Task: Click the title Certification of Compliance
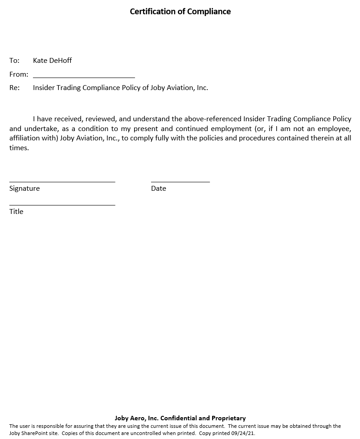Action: tap(180, 12)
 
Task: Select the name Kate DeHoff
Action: tap(52, 61)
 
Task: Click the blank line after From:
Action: tap(84, 77)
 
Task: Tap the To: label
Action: tap(14, 61)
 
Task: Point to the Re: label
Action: tap(14, 88)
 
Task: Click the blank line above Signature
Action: tap(62, 181)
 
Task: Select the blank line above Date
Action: tap(180, 181)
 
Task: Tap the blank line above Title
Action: tap(62, 205)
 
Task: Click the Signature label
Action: tap(25, 189)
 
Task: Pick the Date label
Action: tap(158, 189)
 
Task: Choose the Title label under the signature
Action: tap(16, 212)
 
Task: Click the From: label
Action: tap(19, 74)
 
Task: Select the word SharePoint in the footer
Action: tap(34, 433)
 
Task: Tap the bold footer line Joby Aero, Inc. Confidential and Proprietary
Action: tap(180, 418)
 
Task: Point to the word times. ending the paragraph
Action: tap(19, 148)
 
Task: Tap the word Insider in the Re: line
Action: tap(44, 88)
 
